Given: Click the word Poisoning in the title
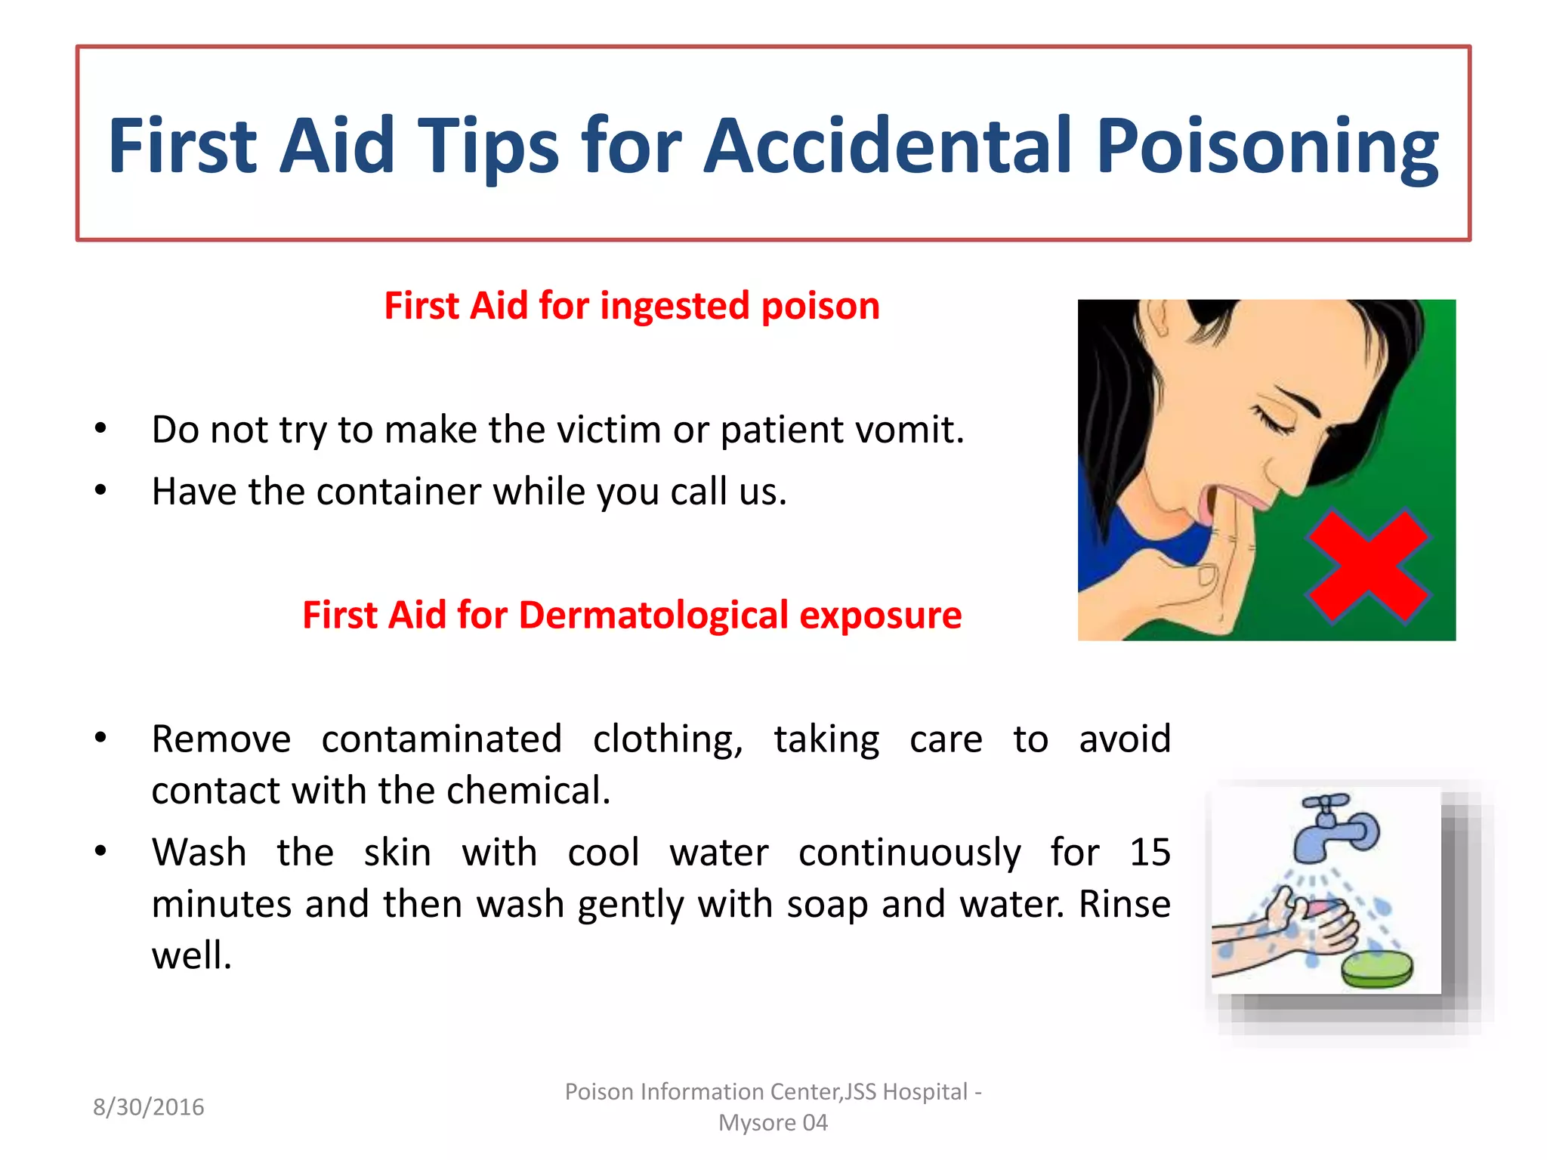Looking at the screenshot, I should coord(1267,147).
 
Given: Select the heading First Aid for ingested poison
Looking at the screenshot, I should coord(631,307).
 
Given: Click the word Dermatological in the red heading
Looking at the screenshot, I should coord(653,615).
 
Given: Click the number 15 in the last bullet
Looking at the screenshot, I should coord(1149,853).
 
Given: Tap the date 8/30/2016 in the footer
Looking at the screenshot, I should coord(149,1107).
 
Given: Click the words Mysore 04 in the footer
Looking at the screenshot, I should coord(773,1123).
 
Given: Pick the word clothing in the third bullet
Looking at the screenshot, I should coord(667,739).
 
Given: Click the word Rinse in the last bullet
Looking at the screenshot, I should coord(1124,904).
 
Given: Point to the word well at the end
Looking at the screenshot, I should coord(190,955).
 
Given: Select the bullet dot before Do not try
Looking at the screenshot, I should coord(101,429).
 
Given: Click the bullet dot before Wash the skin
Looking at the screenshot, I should coord(101,852).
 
